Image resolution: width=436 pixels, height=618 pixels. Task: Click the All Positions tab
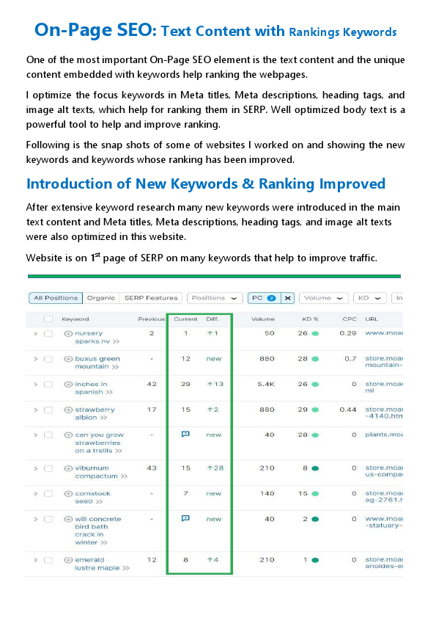pyautogui.click(x=56, y=298)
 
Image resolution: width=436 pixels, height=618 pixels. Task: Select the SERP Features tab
pyautogui.click(x=151, y=298)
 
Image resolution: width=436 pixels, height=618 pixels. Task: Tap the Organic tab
pyautogui.click(x=101, y=298)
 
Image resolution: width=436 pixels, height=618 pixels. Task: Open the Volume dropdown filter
pyautogui.click(x=323, y=298)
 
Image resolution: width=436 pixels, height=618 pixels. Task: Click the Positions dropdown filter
pyautogui.click(x=214, y=298)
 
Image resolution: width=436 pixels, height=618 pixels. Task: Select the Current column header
pyautogui.click(x=185, y=319)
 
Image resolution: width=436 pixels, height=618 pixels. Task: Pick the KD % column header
pyautogui.click(x=311, y=319)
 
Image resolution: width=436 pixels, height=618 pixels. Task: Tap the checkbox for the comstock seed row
pyautogui.click(x=48, y=494)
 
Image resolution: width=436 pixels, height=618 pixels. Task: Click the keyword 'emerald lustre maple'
pyautogui.click(x=96, y=564)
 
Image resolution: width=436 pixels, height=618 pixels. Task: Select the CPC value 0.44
pyautogui.click(x=348, y=410)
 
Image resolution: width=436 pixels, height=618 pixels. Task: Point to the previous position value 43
pyautogui.click(x=151, y=468)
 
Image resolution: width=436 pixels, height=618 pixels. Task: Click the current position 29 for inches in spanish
pyautogui.click(x=185, y=384)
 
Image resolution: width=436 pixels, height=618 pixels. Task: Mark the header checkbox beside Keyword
pyautogui.click(x=48, y=319)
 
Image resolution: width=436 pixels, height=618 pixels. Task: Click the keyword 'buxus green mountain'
pyautogui.click(x=97, y=363)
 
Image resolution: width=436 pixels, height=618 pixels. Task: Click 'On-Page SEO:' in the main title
pyautogui.click(x=95, y=30)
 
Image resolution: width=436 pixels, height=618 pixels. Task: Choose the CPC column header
pyautogui.click(x=350, y=319)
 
